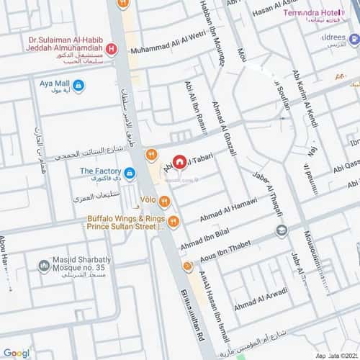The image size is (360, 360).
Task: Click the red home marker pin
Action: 180,163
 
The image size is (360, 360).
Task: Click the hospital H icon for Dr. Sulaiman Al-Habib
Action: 111,50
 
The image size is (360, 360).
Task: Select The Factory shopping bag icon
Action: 129,174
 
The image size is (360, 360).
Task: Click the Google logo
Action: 16,353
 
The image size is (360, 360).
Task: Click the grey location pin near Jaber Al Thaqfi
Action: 282,230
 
